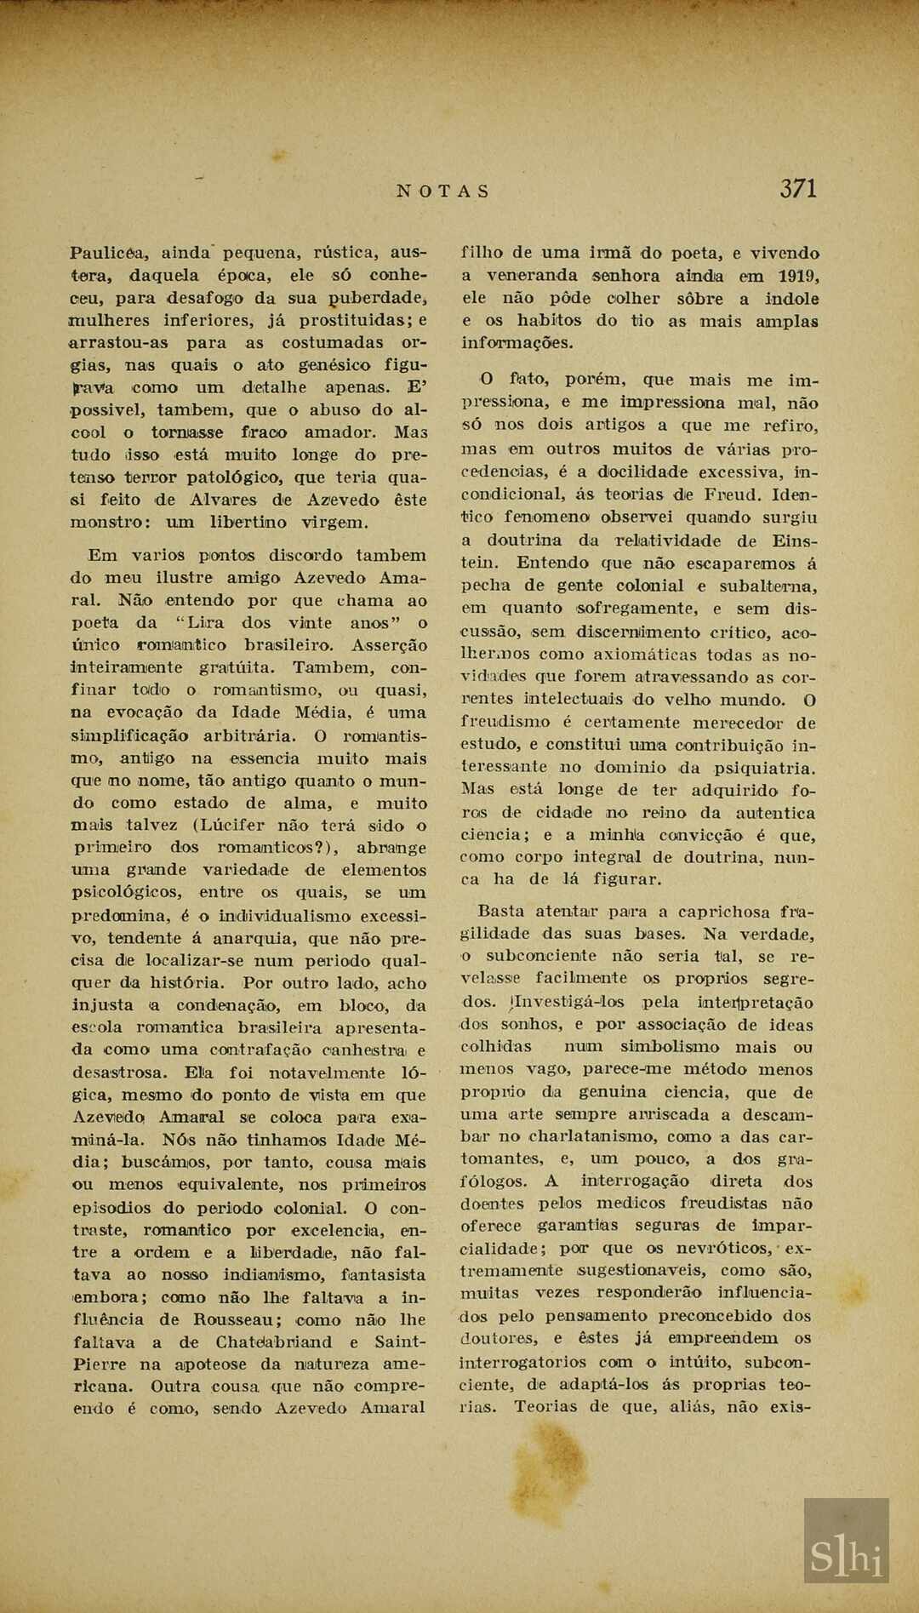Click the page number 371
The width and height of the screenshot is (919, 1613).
[x=798, y=188]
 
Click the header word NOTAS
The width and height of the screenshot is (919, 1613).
[x=443, y=191]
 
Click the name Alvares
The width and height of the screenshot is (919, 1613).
[x=221, y=500]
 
